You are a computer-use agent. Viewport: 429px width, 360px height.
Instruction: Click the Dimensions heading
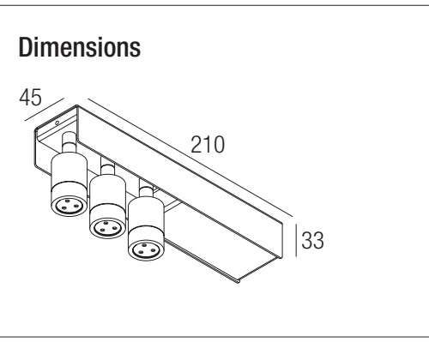click(x=80, y=47)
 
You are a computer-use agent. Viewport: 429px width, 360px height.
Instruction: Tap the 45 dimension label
click(x=30, y=98)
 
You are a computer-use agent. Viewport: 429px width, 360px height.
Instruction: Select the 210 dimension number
click(x=208, y=145)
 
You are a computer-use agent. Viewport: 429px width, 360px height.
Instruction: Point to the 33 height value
click(x=312, y=240)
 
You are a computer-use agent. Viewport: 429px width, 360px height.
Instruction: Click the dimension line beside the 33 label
click(x=296, y=240)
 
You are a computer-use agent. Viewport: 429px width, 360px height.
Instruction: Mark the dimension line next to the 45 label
click(x=45, y=110)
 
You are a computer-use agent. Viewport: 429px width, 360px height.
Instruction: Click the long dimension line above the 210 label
click(x=190, y=158)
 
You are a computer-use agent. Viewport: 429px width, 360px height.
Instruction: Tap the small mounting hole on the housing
click(x=57, y=123)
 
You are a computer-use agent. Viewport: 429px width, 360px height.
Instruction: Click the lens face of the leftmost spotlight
click(x=69, y=205)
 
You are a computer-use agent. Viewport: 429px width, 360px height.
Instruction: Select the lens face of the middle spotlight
click(x=107, y=227)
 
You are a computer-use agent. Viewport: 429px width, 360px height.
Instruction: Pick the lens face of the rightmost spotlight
click(x=147, y=250)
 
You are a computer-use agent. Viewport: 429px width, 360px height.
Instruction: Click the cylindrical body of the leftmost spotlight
click(x=69, y=173)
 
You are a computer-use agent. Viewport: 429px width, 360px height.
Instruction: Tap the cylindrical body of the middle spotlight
click(x=107, y=195)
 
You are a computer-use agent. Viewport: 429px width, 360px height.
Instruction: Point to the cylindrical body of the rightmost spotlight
click(x=146, y=218)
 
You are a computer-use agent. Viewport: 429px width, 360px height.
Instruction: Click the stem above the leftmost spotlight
click(x=69, y=143)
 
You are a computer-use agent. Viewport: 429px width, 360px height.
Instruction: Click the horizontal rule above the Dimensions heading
click(x=214, y=5)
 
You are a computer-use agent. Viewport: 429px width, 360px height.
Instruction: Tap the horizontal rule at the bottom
click(x=214, y=337)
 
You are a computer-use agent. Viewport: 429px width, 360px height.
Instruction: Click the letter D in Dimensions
click(x=25, y=47)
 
